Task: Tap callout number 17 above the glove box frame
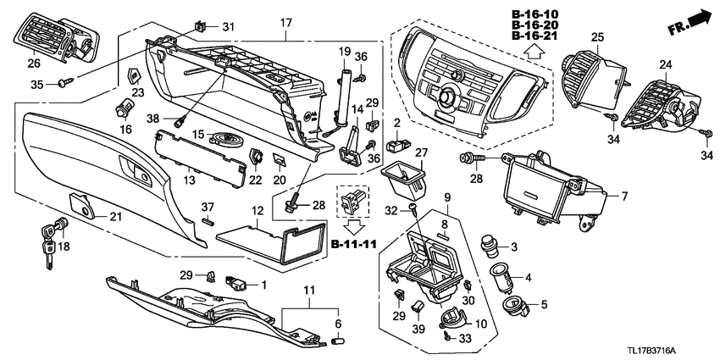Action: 285,21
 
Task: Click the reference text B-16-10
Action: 534,14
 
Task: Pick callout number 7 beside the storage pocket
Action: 623,197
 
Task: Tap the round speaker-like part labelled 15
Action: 224,140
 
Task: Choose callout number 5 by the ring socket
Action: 544,304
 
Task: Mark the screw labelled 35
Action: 65,82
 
